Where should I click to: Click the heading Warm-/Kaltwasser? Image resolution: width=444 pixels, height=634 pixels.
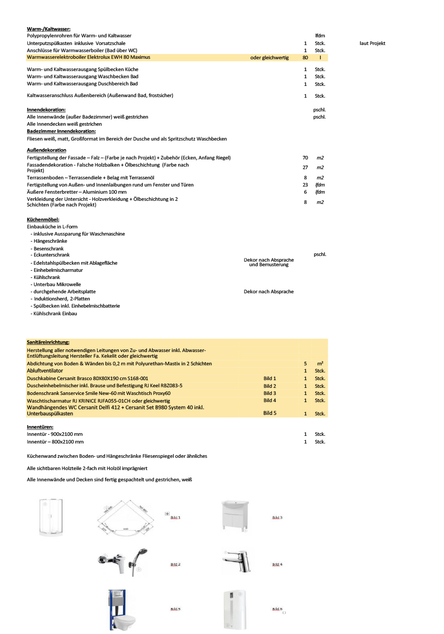click(x=48, y=29)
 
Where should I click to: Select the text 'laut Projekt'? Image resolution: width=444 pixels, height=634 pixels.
click(x=372, y=43)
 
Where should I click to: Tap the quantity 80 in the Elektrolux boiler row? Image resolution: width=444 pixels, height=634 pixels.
click(x=305, y=58)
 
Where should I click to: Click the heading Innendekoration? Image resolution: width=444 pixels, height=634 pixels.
click(x=50, y=110)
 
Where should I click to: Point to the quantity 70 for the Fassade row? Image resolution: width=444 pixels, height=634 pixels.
click(x=305, y=158)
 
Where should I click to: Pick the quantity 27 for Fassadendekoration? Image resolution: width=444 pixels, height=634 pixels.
click(x=305, y=168)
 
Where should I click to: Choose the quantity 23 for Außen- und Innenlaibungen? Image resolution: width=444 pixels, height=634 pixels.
click(x=305, y=184)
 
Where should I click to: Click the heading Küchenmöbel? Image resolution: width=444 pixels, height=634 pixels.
click(x=43, y=219)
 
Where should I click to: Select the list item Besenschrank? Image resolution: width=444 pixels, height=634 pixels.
click(x=47, y=248)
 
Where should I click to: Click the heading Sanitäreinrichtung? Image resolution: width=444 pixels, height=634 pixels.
click(x=48, y=342)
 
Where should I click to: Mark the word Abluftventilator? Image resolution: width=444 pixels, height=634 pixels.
click(x=45, y=370)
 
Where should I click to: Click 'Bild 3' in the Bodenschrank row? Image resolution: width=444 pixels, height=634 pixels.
click(x=269, y=393)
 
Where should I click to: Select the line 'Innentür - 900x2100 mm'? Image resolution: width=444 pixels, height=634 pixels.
click(x=55, y=434)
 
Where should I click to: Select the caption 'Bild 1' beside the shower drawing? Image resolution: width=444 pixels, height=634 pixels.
click(x=175, y=518)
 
